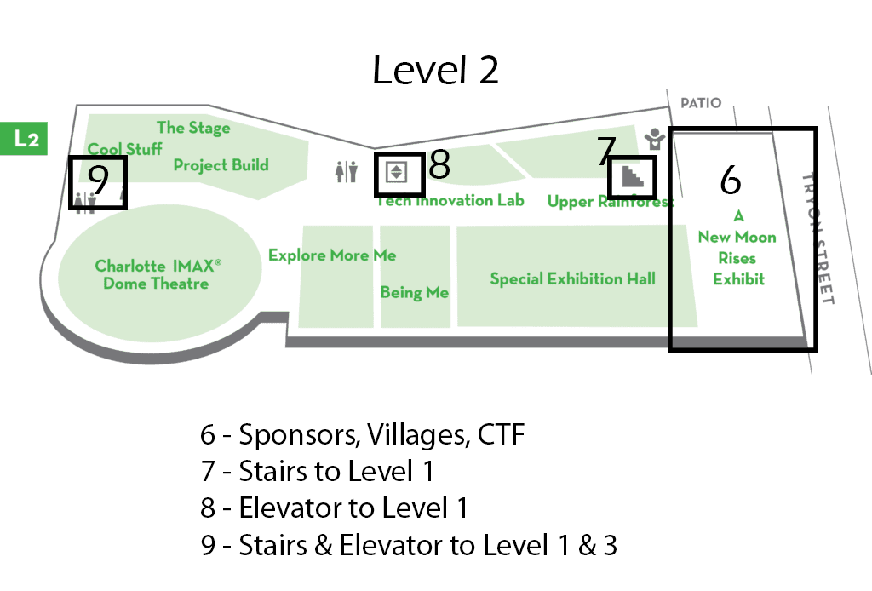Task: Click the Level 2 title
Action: click(x=435, y=71)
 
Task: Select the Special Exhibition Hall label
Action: click(x=572, y=278)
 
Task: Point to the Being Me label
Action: click(x=414, y=292)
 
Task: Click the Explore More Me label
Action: click(x=332, y=255)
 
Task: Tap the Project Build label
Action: click(x=221, y=164)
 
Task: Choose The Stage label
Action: click(x=193, y=128)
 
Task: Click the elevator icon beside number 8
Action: click(x=397, y=172)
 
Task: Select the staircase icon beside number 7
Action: click(x=633, y=176)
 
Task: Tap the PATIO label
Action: click(x=700, y=103)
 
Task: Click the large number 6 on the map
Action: click(x=731, y=179)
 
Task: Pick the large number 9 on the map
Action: click(x=99, y=180)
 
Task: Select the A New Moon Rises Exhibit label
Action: click(x=738, y=248)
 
